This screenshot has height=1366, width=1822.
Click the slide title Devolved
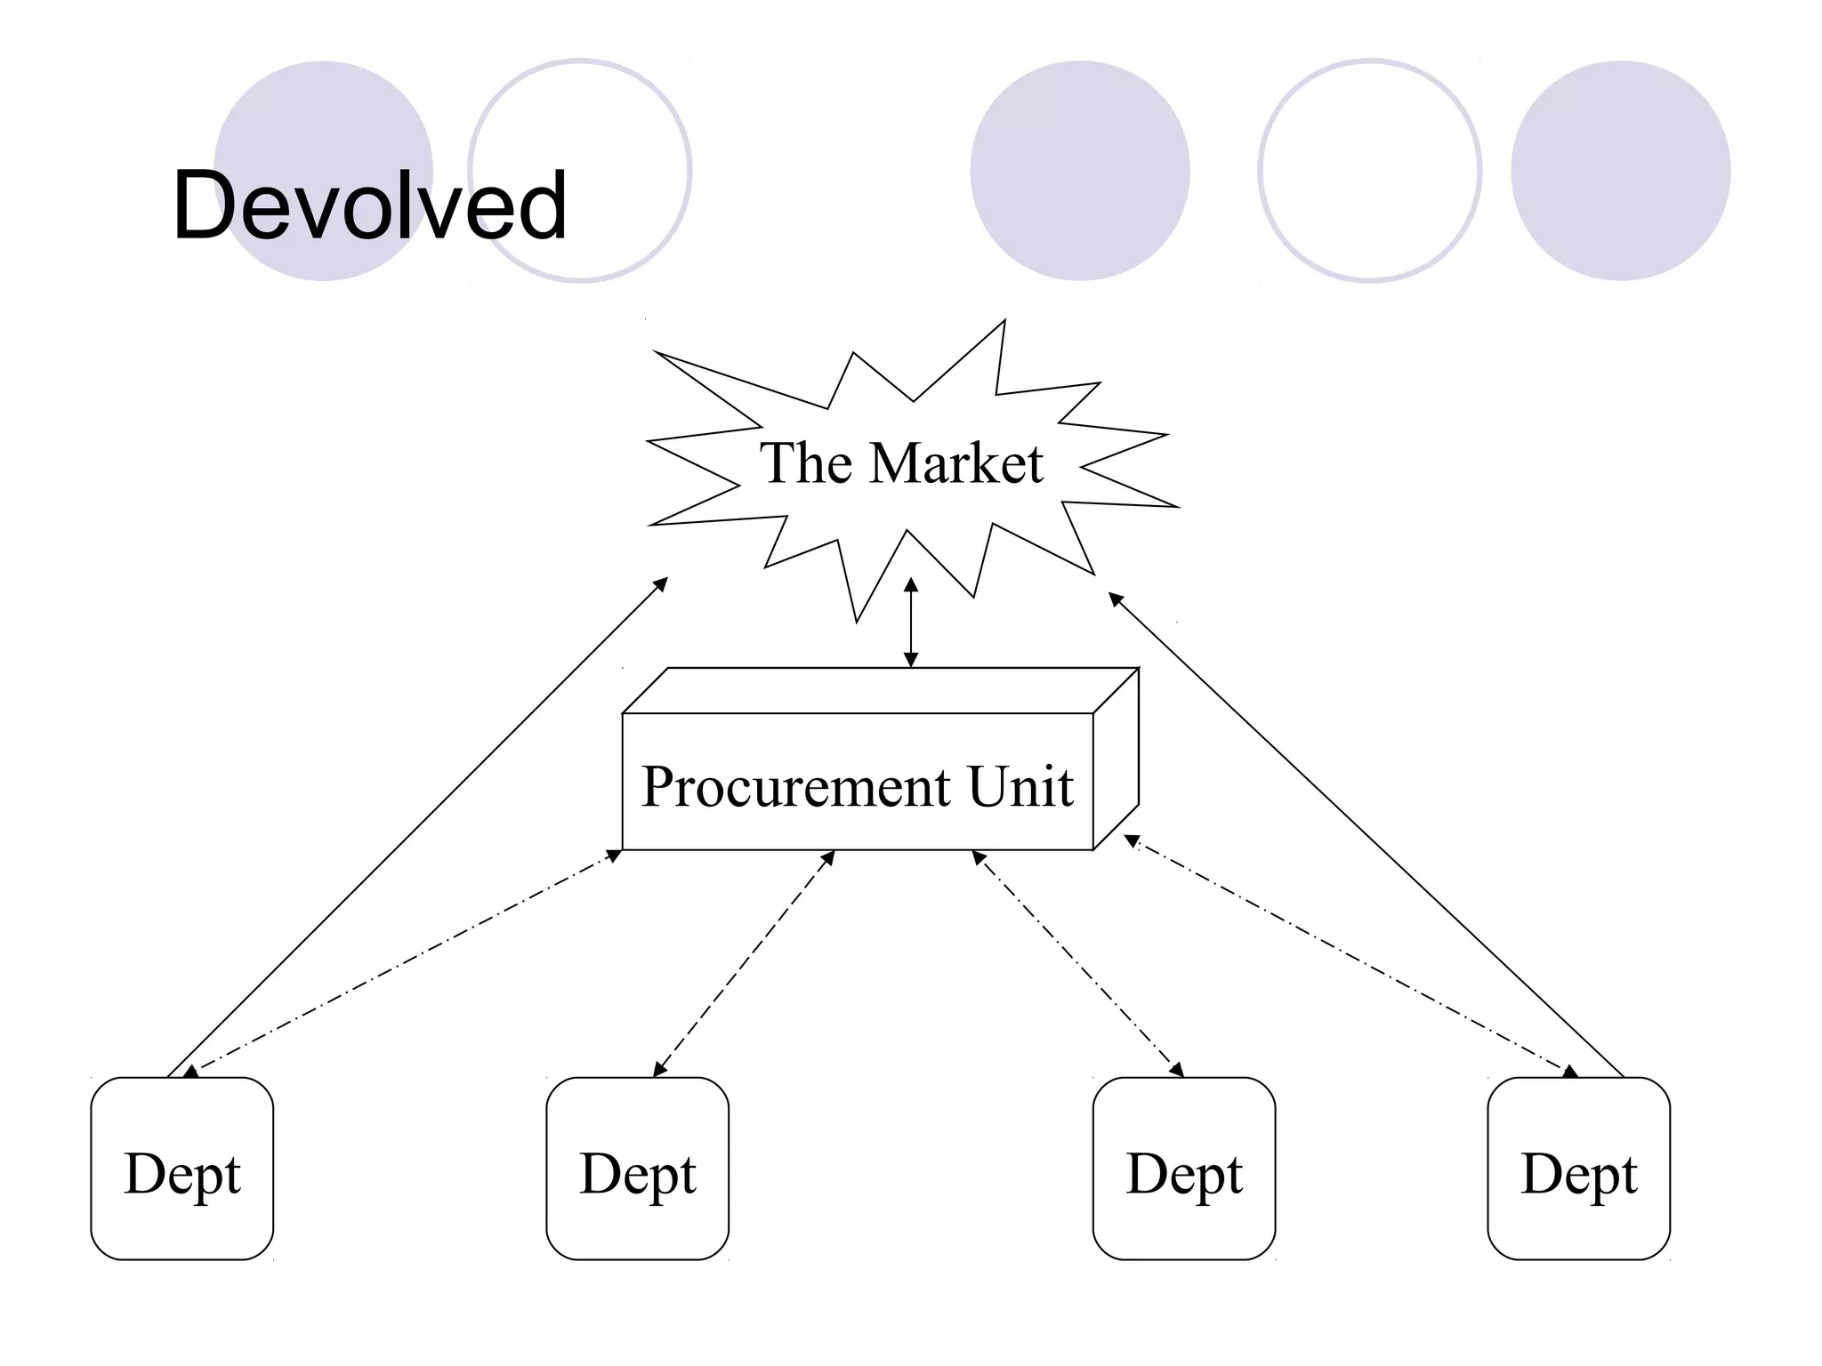tap(369, 206)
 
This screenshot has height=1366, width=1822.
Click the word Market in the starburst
tap(955, 463)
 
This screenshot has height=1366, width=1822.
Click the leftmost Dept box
tap(182, 1169)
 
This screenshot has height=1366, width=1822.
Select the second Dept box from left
tap(637, 1169)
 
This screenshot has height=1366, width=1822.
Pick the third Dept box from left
tap(1183, 1169)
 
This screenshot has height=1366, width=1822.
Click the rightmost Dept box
tap(1578, 1169)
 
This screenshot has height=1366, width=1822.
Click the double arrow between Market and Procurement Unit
tap(910, 623)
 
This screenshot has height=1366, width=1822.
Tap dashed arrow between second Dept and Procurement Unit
tap(744, 964)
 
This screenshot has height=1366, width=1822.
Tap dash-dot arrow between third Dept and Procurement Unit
tap(1078, 964)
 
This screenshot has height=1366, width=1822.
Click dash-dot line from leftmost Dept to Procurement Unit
tap(405, 960)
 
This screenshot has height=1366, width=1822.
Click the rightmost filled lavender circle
tap(1620, 171)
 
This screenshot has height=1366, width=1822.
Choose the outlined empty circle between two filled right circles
tap(1369, 171)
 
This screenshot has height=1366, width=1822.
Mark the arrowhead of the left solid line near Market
tap(661, 583)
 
